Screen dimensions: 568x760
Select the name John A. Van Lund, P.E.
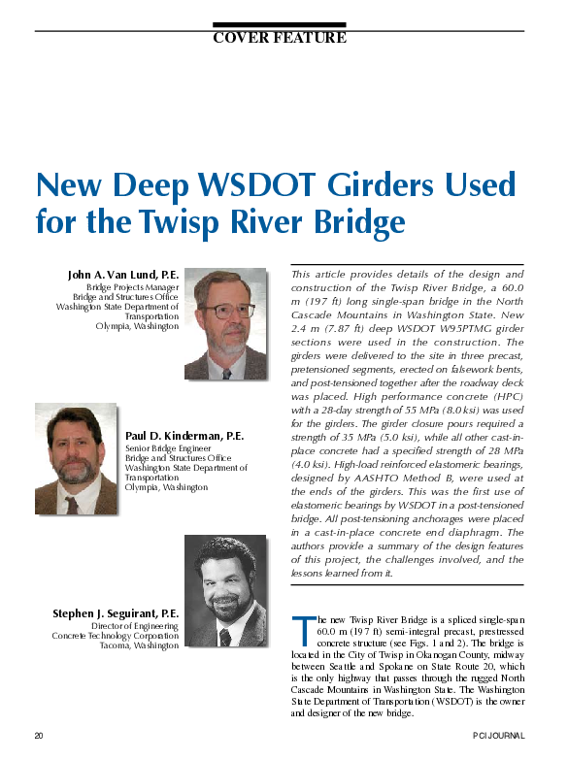[x=123, y=276]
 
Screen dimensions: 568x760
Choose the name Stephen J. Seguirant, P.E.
[x=116, y=614]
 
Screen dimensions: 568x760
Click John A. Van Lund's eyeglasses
[x=226, y=312]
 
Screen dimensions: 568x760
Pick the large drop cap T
[x=302, y=629]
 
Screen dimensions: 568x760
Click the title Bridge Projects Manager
[x=132, y=288]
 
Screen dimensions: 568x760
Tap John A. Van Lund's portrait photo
[x=225, y=323]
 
